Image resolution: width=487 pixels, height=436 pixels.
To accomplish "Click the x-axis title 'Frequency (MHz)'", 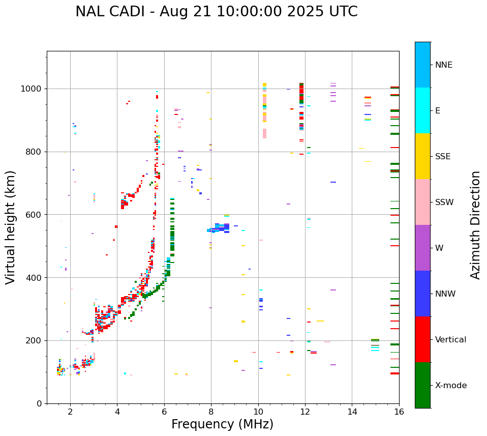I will [222, 424].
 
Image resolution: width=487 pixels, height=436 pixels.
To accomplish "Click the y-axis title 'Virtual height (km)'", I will [11, 227].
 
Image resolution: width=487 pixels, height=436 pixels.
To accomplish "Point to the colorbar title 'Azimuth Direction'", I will [475, 224].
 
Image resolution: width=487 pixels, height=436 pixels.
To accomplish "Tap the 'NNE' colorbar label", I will [443, 65].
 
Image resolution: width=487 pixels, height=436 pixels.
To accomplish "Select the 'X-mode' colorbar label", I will [451, 386].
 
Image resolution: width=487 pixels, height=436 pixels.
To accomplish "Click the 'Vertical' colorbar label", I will [451, 340].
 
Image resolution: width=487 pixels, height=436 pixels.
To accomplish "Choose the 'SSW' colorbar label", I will [444, 202].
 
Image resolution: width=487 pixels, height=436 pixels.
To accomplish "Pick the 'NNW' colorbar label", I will [446, 294].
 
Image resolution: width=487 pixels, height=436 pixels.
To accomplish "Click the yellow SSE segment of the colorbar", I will [422, 156].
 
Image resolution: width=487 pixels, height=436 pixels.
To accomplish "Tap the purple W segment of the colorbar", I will [422, 248].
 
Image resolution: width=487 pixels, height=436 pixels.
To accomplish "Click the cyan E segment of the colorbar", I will [422, 110].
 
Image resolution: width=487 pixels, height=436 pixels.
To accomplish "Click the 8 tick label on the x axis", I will [211, 412].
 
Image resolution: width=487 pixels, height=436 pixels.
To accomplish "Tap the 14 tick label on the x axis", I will [352, 412].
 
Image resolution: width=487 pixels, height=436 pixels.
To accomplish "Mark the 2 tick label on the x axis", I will [70, 412].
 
